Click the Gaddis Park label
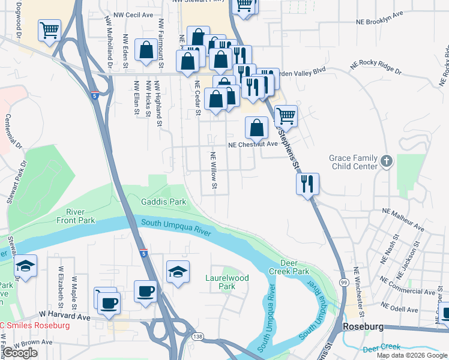(x=163, y=202)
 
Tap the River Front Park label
(x=80, y=216)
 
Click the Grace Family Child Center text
(x=353, y=162)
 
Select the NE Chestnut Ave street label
(x=253, y=144)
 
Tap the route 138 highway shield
(x=197, y=337)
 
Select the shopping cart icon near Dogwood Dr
(x=49, y=30)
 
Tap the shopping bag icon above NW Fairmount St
(x=146, y=50)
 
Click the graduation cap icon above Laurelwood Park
(x=178, y=271)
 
